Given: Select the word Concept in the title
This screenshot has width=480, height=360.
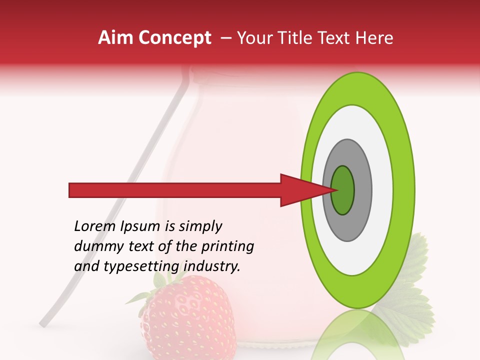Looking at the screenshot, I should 175,38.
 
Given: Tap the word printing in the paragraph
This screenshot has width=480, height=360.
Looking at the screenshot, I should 227,247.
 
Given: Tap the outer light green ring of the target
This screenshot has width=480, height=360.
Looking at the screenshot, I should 404,190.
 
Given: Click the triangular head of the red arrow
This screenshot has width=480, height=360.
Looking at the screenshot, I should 300,190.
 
